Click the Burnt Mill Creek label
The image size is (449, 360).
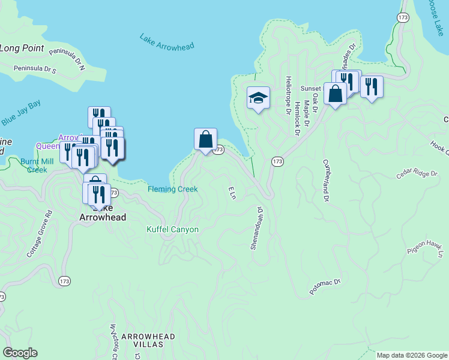tap(34, 166)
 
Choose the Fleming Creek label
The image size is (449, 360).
tap(172, 190)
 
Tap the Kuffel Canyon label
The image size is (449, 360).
tap(172, 229)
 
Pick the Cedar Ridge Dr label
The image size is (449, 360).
tap(417, 174)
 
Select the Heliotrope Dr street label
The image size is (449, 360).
tap(289, 95)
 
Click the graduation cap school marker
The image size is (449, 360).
tap(258, 98)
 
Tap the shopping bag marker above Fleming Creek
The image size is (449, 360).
tap(205, 139)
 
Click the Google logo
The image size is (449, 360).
tap(20, 353)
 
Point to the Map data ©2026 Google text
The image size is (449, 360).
tap(412, 355)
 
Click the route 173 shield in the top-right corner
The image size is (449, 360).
tap(403, 18)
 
